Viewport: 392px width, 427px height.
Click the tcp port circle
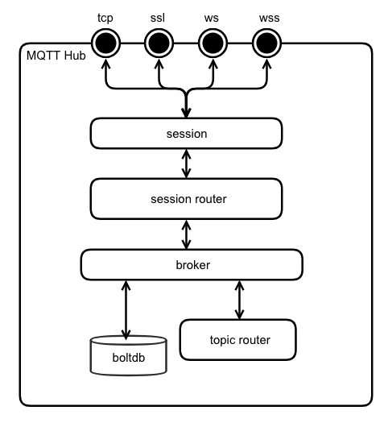(x=105, y=43)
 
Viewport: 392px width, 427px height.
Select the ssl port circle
(x=159, y=43)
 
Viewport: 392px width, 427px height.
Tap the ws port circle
(x=213, y=43)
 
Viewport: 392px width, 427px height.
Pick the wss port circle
(x=267, y=43)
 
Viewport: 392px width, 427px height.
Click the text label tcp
(x=105, y=19)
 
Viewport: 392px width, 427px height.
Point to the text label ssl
(x=158, y=18)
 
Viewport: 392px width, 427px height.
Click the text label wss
(x=270, y=19)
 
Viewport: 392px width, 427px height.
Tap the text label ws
(x=212, y=19)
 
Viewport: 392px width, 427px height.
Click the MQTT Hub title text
(x=56, y=56)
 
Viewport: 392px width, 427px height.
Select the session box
(x=187, y=134)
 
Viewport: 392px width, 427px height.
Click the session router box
(x=187, y=199)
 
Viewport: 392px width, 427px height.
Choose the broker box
(x=192, y=265)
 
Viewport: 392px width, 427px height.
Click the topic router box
(x=238, y=340)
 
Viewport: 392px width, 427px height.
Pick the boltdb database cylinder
(x=129, y=355)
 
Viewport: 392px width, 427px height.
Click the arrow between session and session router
(x=187, y=164)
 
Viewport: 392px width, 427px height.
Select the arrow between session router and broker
(x=187, y=234)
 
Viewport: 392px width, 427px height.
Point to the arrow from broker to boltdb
(x=126, y=310)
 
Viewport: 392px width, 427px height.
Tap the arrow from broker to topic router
(x=239, y=300)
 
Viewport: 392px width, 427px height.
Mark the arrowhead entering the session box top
(x=187, y=113)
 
